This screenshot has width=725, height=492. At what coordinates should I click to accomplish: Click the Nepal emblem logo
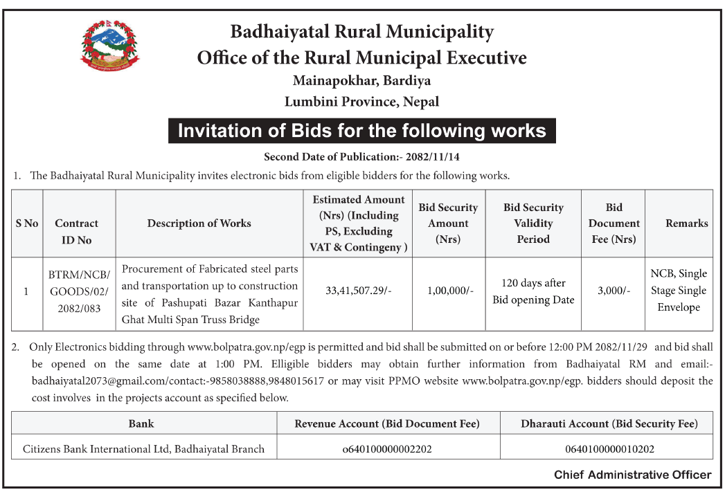(x=109, y=46)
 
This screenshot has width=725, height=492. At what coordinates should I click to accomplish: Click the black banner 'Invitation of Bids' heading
(x=362, y=131)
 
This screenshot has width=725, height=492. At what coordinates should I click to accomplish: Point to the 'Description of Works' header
(x=199, y=223)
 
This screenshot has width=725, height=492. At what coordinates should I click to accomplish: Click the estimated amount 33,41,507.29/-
(x=359, y=291)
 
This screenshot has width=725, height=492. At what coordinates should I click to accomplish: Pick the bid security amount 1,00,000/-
(x=448, y=291)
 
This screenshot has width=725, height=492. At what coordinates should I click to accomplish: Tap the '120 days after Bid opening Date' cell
(x=533, y=291)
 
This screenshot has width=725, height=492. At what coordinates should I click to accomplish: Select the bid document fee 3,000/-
(x=614, y=291)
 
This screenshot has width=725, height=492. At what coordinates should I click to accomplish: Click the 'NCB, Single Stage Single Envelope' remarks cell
(x=679, y=291)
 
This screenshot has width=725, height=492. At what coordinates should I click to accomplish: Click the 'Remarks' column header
(x=686, y=223)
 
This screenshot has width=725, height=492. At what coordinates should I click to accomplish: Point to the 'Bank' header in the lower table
(x=141, y=423)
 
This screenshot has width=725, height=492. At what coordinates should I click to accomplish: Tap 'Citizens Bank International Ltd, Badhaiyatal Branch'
(x=144, y=449)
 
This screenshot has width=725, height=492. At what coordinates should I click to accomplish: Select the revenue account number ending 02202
(x=387, y=449)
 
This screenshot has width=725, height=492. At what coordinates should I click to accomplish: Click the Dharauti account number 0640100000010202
(x=609, y=449)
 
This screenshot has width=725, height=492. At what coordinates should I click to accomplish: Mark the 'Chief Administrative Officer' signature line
(x=632, y=475)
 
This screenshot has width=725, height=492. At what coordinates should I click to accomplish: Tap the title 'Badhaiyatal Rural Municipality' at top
(x=362, y=32)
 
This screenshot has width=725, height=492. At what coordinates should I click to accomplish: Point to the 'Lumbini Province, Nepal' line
(x=362, y=101)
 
